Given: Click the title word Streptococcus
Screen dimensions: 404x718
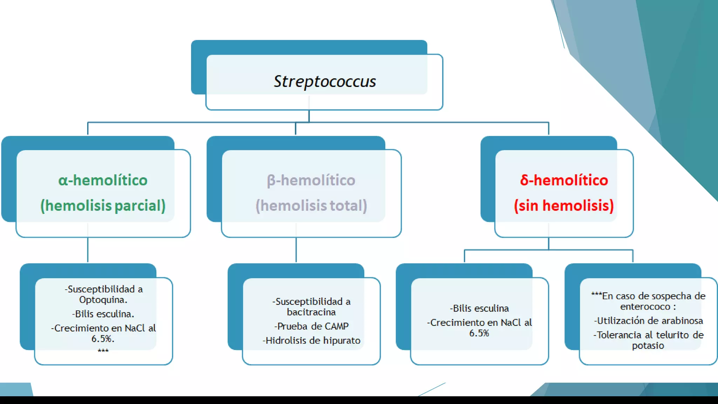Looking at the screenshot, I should [x=325, y=81].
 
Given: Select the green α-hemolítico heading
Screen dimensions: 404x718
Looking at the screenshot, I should [x=103, y=180].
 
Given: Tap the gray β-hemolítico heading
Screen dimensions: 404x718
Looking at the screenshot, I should [x=311, y=180].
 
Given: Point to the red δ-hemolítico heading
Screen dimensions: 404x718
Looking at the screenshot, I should [x=564, y=180].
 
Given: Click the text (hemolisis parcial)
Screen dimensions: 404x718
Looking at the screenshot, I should [x=103, y=206].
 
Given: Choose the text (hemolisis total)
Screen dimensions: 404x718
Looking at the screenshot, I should [x=311, y=206].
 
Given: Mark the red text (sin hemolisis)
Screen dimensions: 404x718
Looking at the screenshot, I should [x=564, y=206].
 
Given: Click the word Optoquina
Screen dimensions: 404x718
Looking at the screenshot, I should [x=103, y=300].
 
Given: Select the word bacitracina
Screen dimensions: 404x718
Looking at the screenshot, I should [x=311, y=312].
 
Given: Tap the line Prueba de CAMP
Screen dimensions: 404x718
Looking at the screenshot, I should [x=311, y=326].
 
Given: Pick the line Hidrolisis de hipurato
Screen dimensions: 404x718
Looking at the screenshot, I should [x=311, y=341].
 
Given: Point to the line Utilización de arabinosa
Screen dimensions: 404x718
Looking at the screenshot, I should [x=648, y=321].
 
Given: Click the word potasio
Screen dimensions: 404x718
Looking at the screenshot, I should [x=648, y=346].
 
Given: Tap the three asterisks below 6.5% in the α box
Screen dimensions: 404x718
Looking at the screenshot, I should [x=103, y=351].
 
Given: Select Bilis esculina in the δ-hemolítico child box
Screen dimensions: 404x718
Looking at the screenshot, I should [x=479, y=308].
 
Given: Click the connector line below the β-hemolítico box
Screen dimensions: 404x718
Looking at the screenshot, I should [x=296, y=250].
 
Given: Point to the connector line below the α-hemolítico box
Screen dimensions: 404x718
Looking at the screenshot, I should [x=88, y=250].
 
